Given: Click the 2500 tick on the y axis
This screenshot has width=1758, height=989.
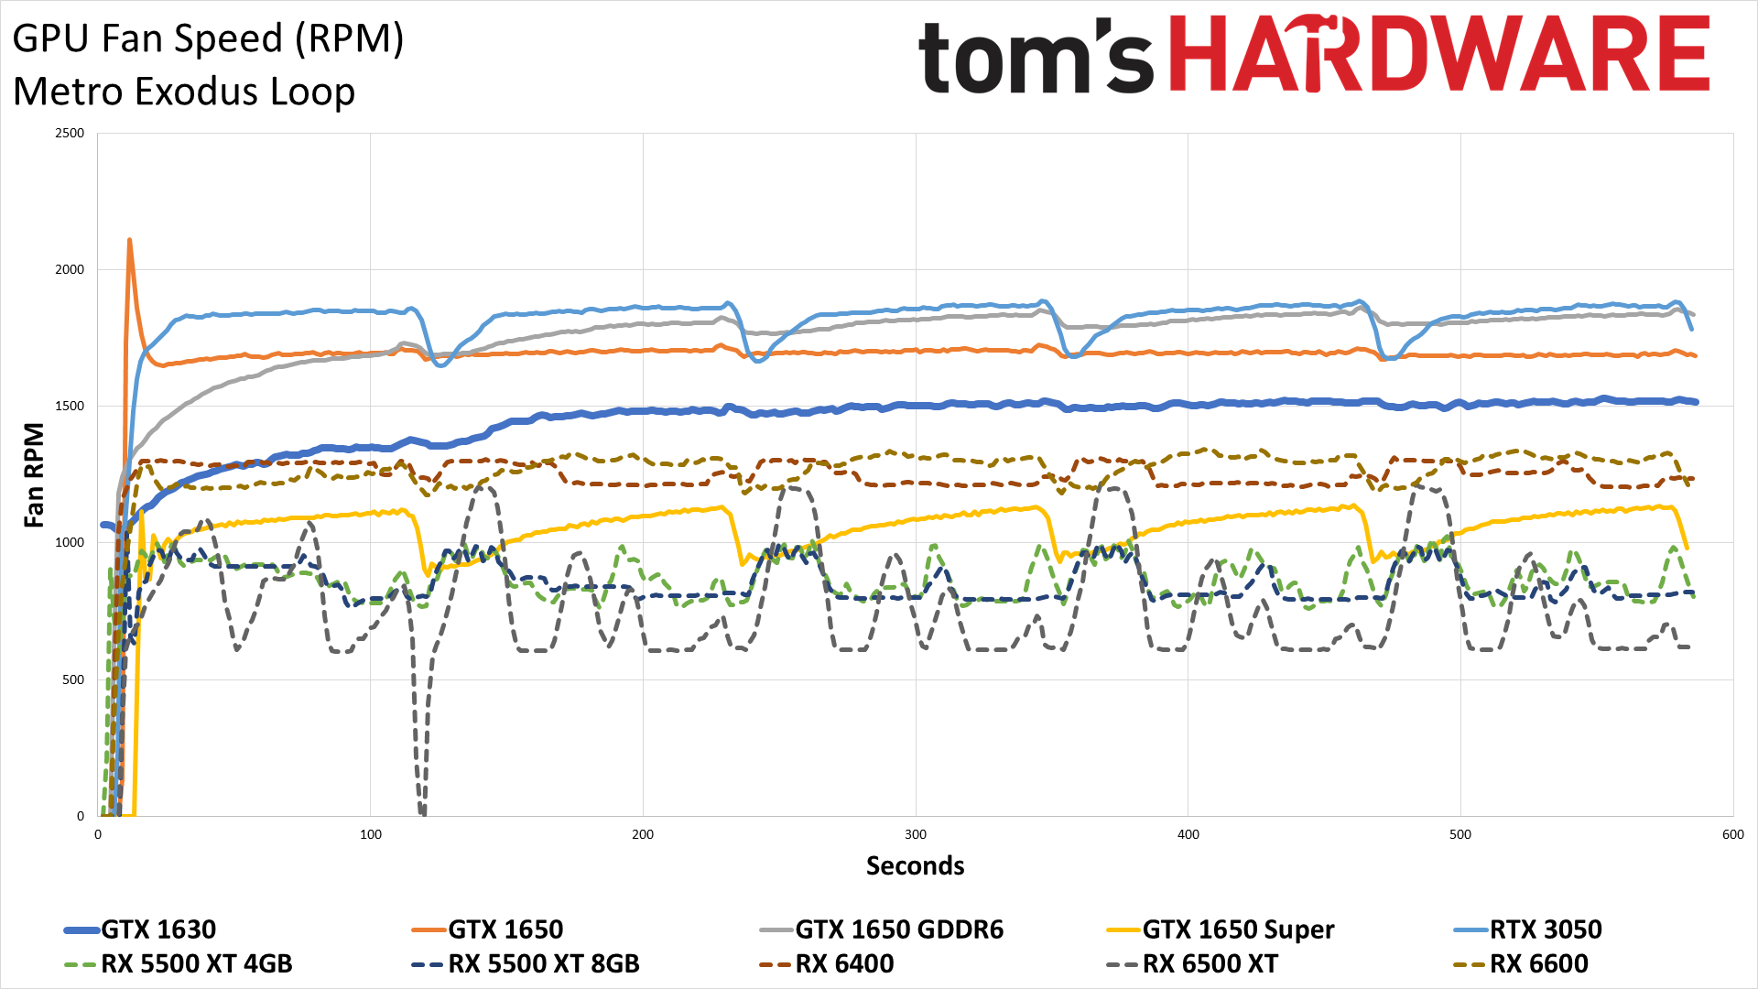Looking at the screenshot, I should tap(70, 133).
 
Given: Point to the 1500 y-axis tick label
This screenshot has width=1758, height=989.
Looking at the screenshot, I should tap(70, 406).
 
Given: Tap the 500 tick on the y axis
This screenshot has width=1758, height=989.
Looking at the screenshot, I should tap(73, 679).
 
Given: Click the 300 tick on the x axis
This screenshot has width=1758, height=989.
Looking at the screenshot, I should tap(916, 834).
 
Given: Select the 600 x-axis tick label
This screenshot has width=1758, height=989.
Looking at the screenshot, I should tap(1732, 834).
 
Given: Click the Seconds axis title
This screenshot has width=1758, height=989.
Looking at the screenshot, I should tap(916, 866).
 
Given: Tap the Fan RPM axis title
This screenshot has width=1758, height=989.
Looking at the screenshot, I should tap(34, 474).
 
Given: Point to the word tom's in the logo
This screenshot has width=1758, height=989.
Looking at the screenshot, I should tap(1035, 57).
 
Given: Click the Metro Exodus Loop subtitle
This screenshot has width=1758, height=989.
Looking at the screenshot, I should tap(184, 92).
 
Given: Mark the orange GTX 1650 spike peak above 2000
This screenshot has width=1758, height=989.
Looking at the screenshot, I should tap(129, 241).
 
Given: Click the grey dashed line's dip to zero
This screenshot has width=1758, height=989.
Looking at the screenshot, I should tap(421, 811).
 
